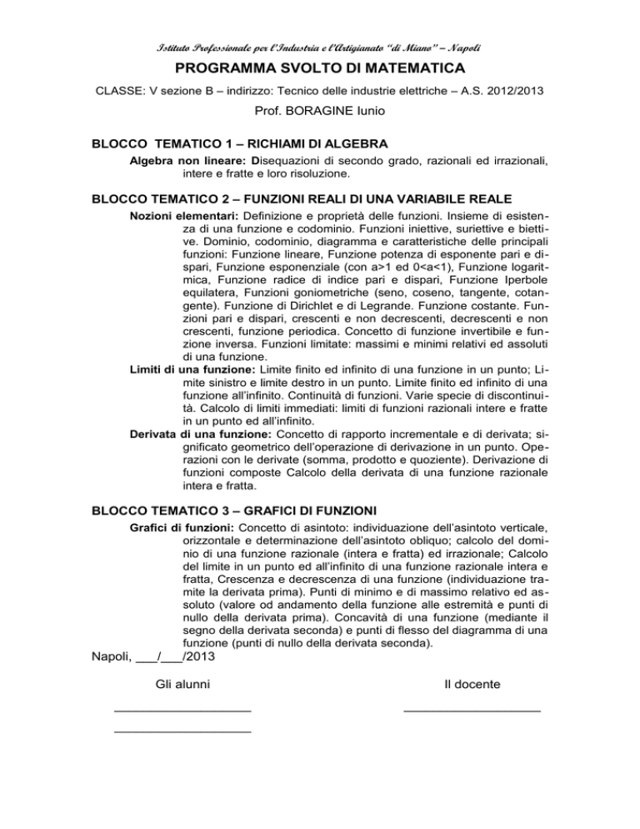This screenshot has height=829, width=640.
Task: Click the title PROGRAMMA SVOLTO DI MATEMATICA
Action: click(x=320, y=66)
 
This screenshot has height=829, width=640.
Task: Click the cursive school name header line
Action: click(x=320, y=41)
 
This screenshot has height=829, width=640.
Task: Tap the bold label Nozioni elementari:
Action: click(x=178, y=218)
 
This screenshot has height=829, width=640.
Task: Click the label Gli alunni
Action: click(x=182, y=685)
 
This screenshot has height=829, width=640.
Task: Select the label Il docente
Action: click(x=472, y=685)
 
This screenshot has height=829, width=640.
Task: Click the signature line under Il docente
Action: click(x=472, y=711)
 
